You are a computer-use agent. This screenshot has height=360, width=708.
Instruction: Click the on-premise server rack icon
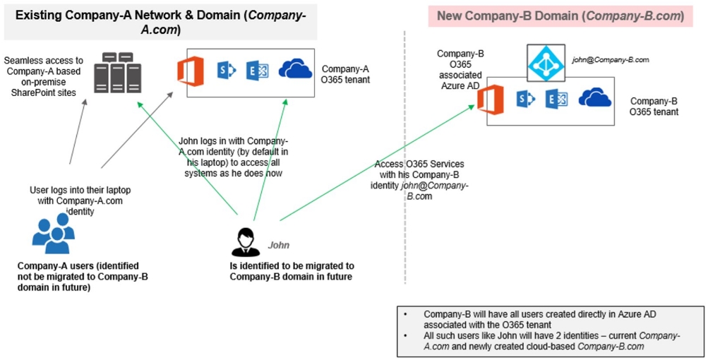pos(115,73)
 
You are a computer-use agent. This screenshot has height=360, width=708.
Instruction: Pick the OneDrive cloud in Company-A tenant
pos(295,69)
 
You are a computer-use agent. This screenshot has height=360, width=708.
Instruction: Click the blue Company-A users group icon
pos(54,234)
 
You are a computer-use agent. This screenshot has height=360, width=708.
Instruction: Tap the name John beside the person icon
pos(278,246)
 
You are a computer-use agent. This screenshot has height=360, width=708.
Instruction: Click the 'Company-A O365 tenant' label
pos(346,74)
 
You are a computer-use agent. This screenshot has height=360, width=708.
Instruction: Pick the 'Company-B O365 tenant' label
pos(654,106)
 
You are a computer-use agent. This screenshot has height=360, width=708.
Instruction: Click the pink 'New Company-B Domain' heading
pos(560,16)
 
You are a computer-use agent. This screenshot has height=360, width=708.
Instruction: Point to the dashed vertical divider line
pos(405,176)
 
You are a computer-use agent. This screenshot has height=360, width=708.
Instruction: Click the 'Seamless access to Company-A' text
pos(45,71)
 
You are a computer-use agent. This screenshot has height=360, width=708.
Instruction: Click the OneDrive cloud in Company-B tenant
pos(594,98)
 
